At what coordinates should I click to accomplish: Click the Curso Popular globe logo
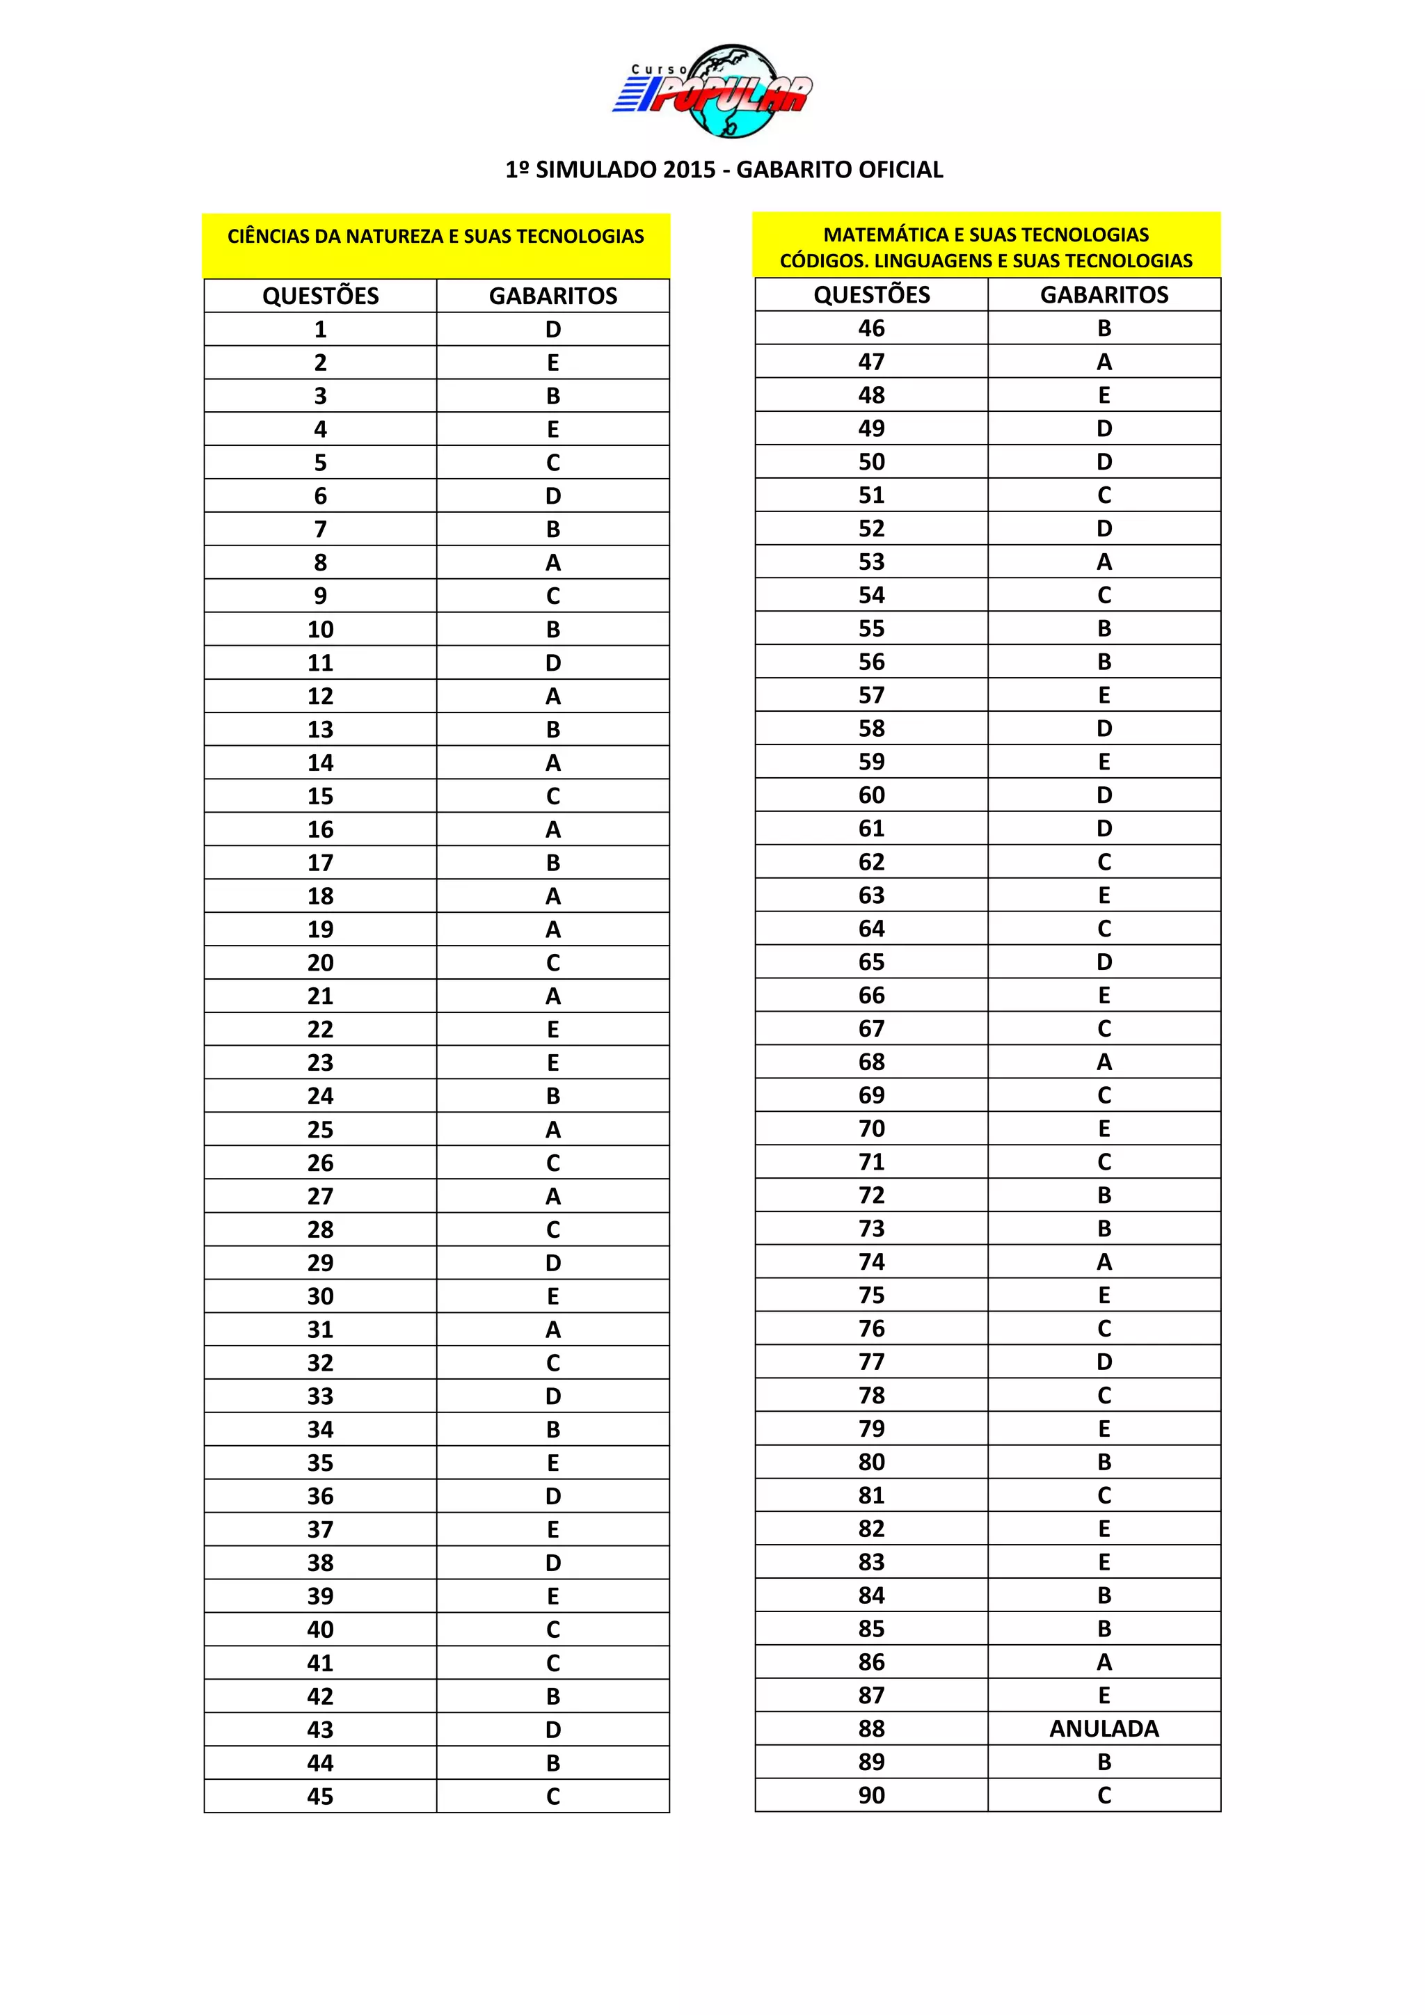pyautogui.click(x=712, y=90)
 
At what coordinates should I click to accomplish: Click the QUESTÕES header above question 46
pyautogui.click(x=871, y=295)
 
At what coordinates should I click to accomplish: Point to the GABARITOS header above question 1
pyautogui.click(x=552, y=296)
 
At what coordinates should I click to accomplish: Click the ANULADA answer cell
pyautogui.click(x=1104, y=1728)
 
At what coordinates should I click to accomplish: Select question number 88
pyautogui.click(x=871, y=1728)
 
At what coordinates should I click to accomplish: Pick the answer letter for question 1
pyautogui.click(x=552, y=329)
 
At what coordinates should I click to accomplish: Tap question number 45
pyautogui.click(x=320, y=1797)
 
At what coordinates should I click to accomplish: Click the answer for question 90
pyautogui.click(x=1104, y=1794)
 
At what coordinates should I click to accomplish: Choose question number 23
pyautogui.click(x=320, y=1062)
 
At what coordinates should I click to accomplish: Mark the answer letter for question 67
pyautogui.click(x=1104, y=1028)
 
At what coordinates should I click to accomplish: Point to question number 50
pyautogui.click(x=871, y=461)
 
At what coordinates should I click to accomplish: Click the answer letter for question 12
pyautogui.click(x=552, y=696)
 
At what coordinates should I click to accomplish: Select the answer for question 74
pyautogui.click(x=1104, y=1262)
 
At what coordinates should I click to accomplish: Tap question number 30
pyautogui.click(x=320, y=1296)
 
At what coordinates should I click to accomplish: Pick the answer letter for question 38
pyautogui.click(x=552, y=1563)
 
